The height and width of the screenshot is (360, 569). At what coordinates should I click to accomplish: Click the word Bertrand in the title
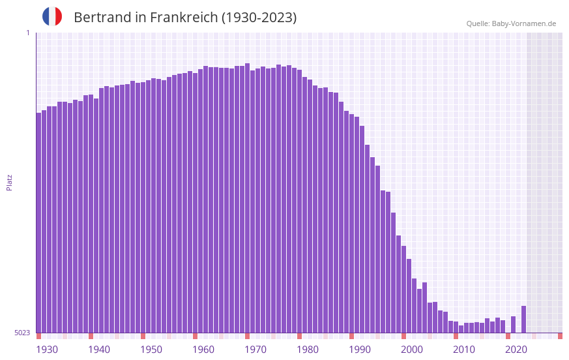coord(102,18)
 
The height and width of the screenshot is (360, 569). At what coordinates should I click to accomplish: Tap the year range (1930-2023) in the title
coord(259,18)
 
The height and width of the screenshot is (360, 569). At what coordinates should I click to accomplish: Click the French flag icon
coord(52,16)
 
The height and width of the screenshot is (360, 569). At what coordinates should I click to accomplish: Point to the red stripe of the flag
coord(59,16)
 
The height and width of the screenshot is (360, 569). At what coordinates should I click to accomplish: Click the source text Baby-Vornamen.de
coord(524,23)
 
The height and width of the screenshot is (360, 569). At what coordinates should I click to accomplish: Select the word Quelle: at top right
coord(478,23)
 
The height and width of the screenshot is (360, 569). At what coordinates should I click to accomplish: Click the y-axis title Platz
coord(9,182)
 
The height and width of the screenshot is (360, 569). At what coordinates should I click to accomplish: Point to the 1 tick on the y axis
coord(27,33)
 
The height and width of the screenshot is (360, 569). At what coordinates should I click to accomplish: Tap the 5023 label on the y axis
coord(22,333)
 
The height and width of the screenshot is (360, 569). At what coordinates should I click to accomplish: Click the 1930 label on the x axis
coord(47,350)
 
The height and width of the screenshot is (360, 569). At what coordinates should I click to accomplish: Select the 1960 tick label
coord(203,350)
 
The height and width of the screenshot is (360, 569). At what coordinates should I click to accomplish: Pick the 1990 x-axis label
coord(360,350)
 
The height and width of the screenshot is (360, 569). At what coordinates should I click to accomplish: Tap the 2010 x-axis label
coord(464,350)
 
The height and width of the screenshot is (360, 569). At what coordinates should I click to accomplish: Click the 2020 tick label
coord(516,350)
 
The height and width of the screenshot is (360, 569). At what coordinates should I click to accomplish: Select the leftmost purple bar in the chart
coord(38,222)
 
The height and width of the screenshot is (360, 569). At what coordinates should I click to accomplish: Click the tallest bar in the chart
coord(247,196)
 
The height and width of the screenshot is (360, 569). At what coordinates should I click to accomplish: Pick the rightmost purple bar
coord(523,320)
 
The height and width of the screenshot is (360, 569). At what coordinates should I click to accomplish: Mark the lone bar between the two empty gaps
coord(513,325)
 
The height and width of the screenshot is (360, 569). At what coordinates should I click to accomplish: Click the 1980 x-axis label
coord(308,350)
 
